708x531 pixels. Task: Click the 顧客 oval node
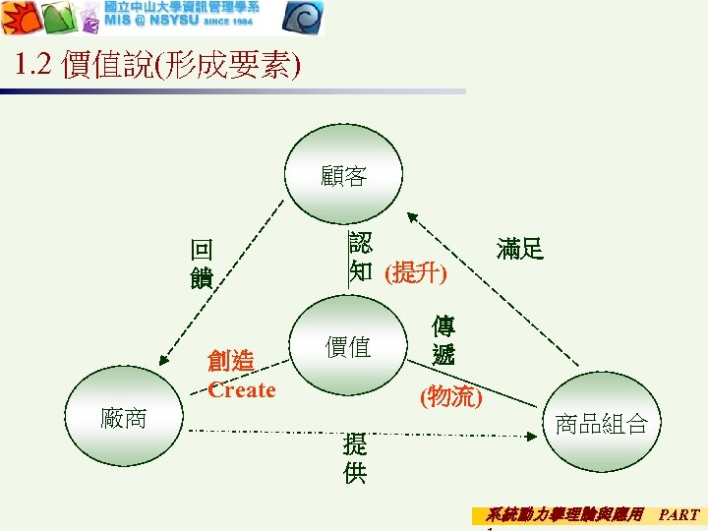click(343, 176)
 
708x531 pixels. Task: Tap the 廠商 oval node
click(125, 418)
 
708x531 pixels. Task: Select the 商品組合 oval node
click(601, 423)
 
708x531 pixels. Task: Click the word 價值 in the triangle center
click(347, 346)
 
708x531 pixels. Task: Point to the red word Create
click(242, 390)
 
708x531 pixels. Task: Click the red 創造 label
click(231, 362)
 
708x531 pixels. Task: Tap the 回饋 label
click(202, 264)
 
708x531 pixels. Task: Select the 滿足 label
click(520, 250)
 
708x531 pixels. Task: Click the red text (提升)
click(415, 272)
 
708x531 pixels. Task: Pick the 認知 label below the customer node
click(360, 256)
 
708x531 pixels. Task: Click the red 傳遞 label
click(443, 340)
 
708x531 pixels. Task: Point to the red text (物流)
click(450, 396)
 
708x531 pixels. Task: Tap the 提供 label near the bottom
click(355, 458)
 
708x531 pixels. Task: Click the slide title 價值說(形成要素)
click(181, 66)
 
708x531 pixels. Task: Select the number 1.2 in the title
click(33, 65)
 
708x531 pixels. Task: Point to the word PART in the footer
click(678, 514)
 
